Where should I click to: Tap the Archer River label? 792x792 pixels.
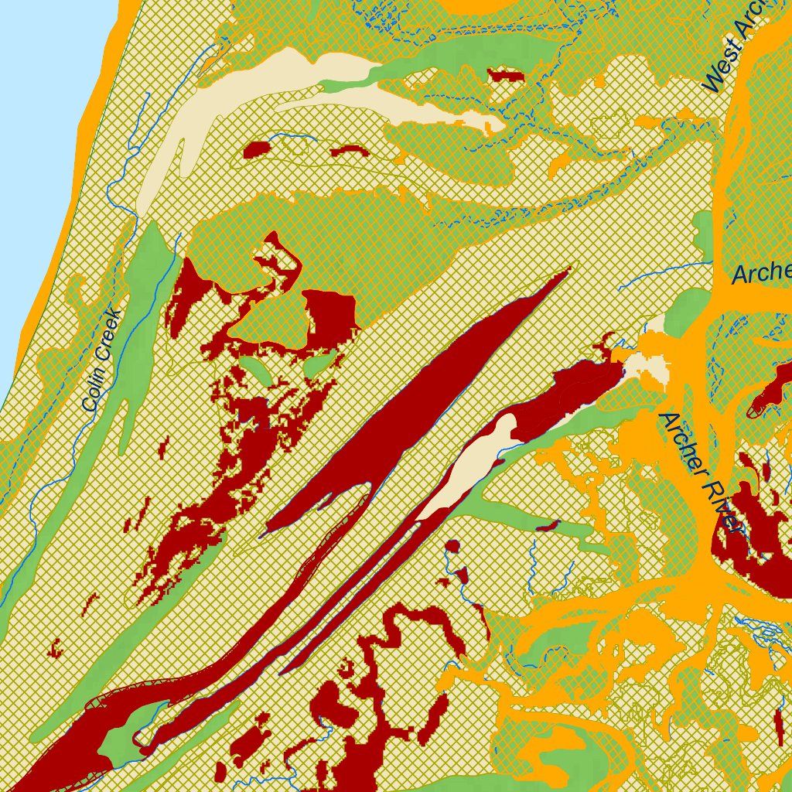696,472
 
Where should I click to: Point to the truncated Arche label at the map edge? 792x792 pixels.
761,273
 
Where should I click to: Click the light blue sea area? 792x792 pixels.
39,116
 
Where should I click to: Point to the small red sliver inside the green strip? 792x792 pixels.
547,526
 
